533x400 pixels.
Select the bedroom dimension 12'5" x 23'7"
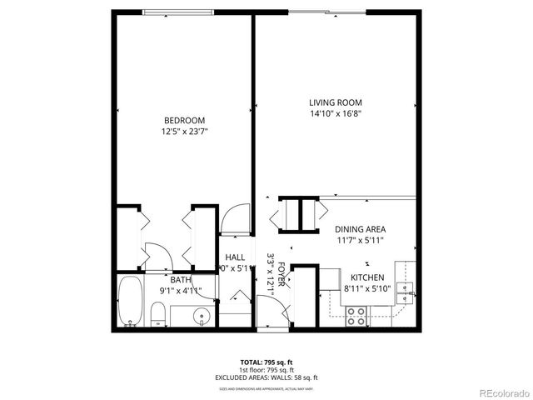[x=182, y=131]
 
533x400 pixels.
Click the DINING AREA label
[x=360, y=229]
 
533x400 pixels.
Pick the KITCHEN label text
[x=367, y=277]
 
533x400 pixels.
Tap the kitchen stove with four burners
[x=357, y=316]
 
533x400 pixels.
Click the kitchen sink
[x=405, y=288]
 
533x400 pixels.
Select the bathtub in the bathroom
[x=130, y=304]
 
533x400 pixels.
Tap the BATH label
[x=182, y=281]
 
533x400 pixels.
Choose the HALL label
[x=234, y=257]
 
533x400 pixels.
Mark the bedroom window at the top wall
[x=176, y=12]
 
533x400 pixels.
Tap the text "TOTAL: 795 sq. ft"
[x=266, y=362]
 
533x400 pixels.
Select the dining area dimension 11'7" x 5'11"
[x=360, y=240]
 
